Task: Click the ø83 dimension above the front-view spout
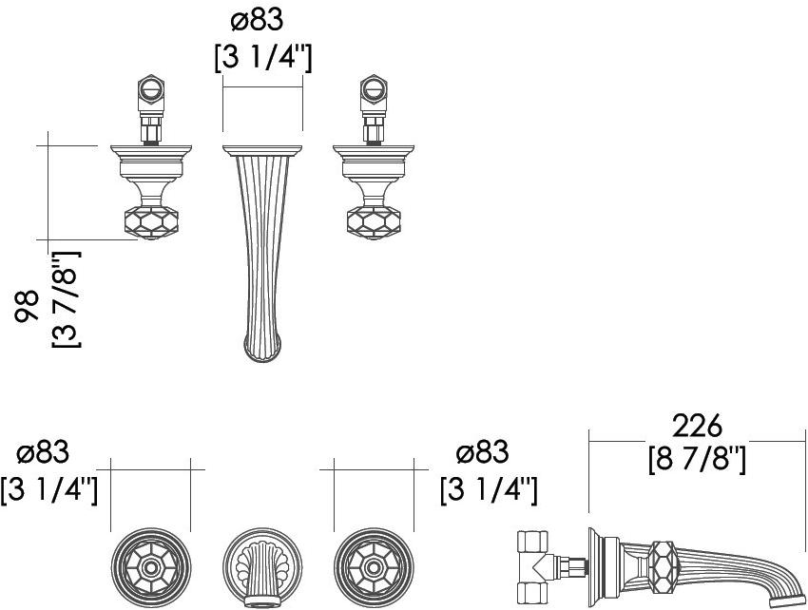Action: click(258, 20)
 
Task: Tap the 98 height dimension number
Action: click(27, 307)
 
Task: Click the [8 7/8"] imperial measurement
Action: click(697, 460)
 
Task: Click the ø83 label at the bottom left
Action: click(43, 452)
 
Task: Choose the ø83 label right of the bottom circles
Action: click(482, 452)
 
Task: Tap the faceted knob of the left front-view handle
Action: click(151, 222)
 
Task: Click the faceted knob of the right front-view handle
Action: click(374, 222)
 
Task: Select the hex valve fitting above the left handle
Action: click(151, 93)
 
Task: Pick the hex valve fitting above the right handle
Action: click(374, 93)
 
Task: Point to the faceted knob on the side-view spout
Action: click(663, 566)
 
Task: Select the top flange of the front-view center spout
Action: click(262, 150)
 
